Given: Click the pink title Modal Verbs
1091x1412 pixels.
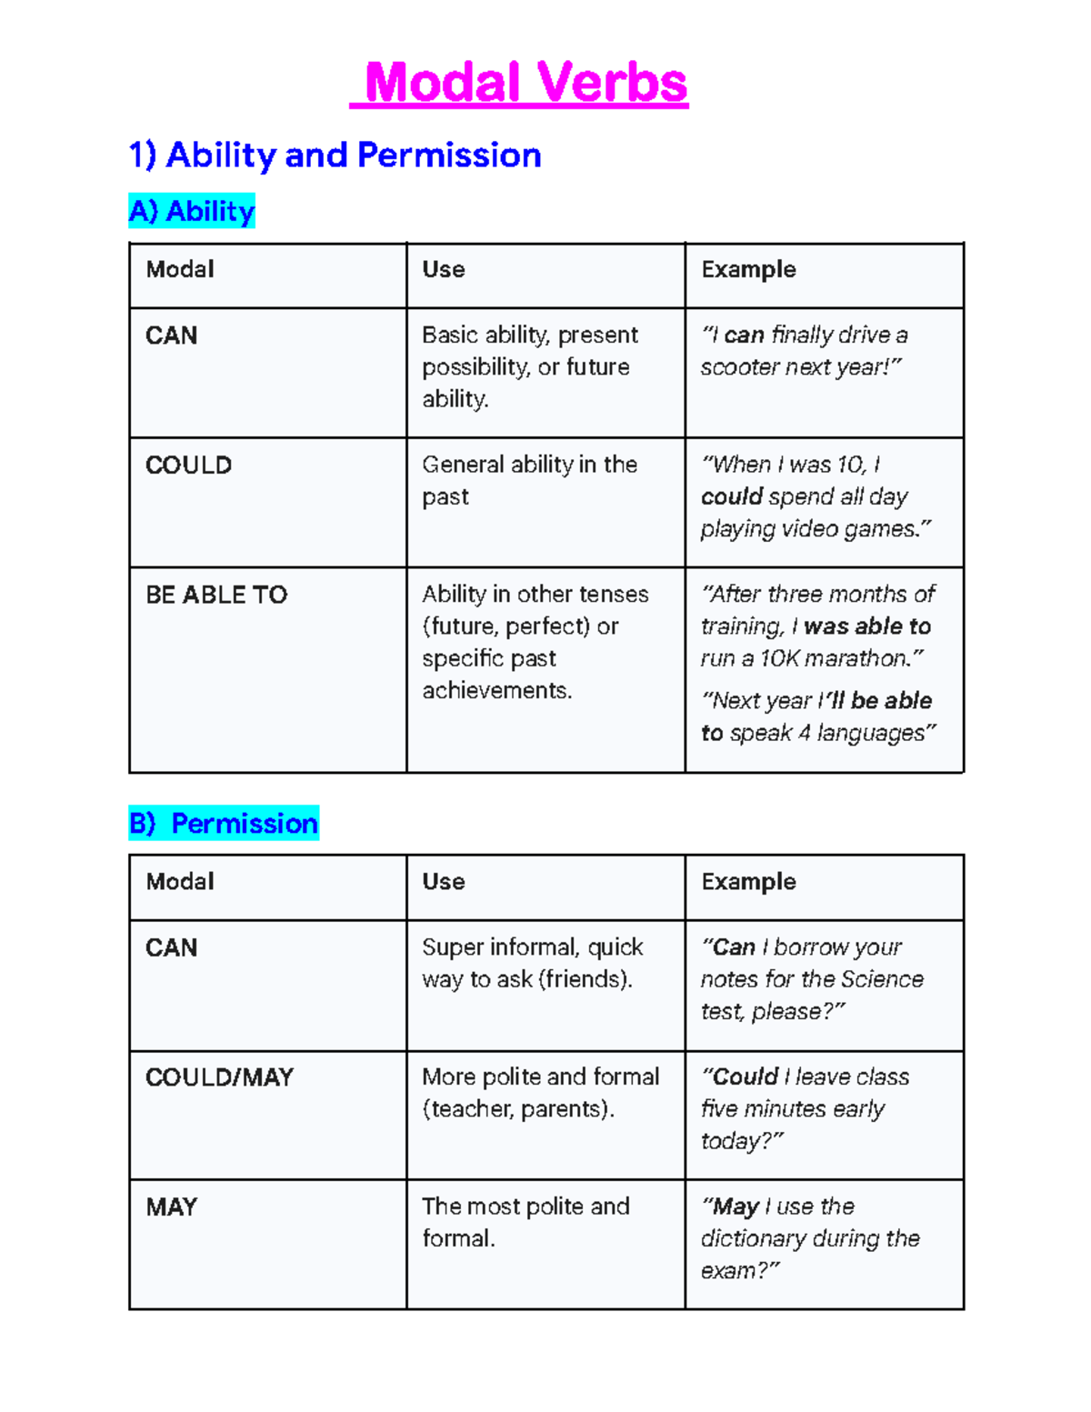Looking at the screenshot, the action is [x=525, y=83].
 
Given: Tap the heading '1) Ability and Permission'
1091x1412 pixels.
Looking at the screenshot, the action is [x=335, y=155].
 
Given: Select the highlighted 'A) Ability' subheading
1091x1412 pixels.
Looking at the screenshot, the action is [x=192, y=211].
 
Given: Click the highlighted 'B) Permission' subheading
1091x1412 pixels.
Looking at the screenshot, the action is [x=224, y=823].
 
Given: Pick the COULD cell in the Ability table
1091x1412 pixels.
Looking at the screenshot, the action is [x=188, y=466].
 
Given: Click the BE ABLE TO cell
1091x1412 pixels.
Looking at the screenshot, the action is [x=216, y=595].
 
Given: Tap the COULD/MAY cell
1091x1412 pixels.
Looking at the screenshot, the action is [x=219, y=1077].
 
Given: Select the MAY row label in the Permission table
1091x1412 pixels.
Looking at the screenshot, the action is [x=171, y=1207].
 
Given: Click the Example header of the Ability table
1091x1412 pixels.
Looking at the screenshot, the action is [x=748, y=269].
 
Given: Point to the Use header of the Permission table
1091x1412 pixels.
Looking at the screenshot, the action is [x=444, y=881].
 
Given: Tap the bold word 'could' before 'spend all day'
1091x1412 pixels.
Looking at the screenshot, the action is [x=731, y=497].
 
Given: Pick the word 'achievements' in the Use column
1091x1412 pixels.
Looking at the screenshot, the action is [x=496, y=691].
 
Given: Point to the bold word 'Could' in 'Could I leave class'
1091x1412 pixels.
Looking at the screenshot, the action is [x=745, y=1077].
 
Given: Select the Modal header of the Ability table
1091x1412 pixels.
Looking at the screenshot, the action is [x=180, y=269].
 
